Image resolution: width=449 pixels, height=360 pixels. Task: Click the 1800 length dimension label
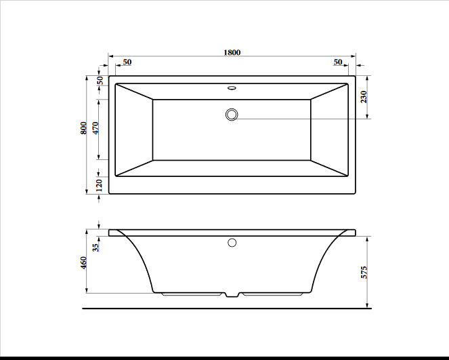232,52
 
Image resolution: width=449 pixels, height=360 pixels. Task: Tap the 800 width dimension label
83,128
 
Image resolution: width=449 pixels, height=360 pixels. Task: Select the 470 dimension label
95,128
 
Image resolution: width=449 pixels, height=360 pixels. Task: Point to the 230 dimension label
364,97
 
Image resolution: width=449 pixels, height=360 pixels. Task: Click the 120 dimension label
99,185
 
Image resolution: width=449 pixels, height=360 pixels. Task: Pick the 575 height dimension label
364,273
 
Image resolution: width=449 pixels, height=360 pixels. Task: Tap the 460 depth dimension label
83,262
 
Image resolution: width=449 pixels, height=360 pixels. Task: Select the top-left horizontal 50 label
127,62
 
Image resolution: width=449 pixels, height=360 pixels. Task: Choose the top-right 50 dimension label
338,62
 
